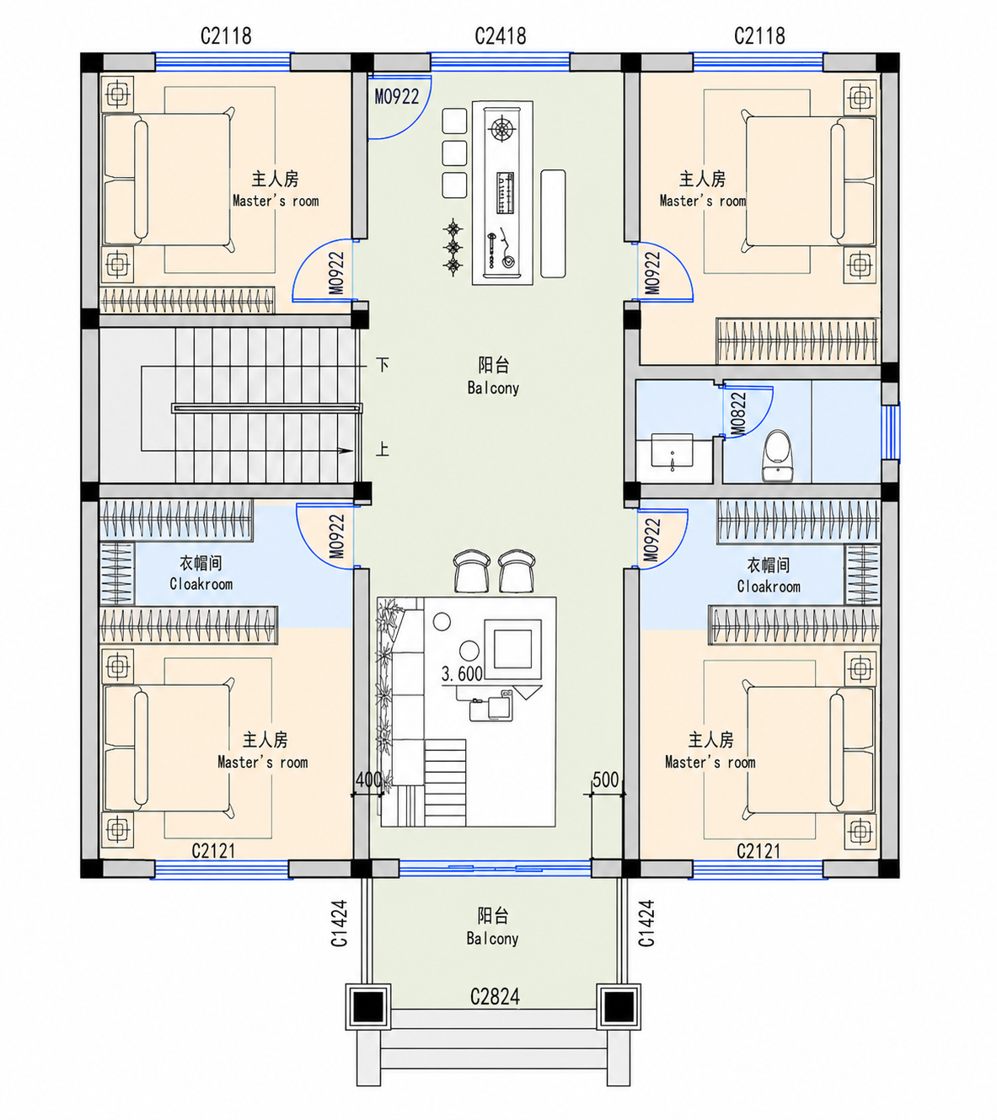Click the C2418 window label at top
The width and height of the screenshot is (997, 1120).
[x=500, y=36]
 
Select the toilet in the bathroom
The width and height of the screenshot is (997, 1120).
[x=778, y=456]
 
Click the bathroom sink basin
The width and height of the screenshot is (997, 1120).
[x=672, y=450]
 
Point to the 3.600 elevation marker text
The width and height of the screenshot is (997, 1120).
[x=462, y=674]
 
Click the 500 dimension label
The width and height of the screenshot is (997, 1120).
[x=605, y=780]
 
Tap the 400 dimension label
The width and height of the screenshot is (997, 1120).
[x=368, y=780]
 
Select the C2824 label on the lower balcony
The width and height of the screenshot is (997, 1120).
[x=495, y=998]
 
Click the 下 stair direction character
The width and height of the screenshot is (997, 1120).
[x=382, y=364]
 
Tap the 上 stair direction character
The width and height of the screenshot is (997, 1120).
[x=382, y=449]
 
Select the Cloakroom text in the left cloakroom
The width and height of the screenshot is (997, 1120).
[x=201, y=584]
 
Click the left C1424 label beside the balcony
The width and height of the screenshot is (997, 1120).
[x=340, y=923]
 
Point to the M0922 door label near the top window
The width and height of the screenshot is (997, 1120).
[x=397, y=97]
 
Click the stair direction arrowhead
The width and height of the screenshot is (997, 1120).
[x=346, y=451]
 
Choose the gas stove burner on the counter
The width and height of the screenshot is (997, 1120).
[x=502, y=130]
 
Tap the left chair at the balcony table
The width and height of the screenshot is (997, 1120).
[x=471, y=571]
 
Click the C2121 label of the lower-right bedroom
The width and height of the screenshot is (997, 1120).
[x=758, y=851]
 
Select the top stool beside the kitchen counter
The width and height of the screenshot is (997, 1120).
[x=454, y=121]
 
